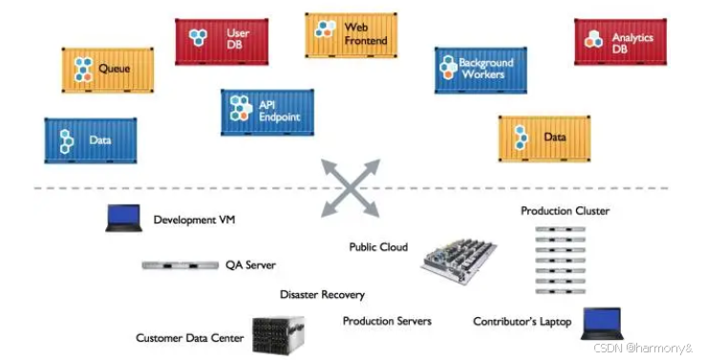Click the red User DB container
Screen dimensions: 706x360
pyautogui.click(x=222, y=41)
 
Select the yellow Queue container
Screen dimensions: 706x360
pyautogui.click(x=108, y=71)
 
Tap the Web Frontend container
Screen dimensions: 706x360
pyautogui.click(x=351, y=35)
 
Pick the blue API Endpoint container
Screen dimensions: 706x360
pyautogui.click(x=267, y=112)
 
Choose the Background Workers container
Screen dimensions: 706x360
pyautogui.click(x=481, y=71)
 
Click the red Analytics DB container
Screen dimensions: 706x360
pyautogui.click(x=620, y=42)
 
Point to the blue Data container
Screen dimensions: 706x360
pyautogui.click(x=91, y=140)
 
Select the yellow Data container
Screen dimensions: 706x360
pyautogui.click(x=545, y=138)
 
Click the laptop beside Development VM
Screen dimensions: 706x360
pyautogui.click(x=124, y=219)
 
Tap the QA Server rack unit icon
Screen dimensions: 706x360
pyautogui.click(x=181, y=265)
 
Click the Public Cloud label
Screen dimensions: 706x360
pyautogui.click(x=378, y=247)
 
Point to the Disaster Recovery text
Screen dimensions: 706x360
pyautogui.click(x=322, y=295)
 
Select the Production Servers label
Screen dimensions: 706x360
pyautogui.click(x=387, y=321)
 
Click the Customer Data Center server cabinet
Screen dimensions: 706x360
pyautogui.click(x=278, y=335)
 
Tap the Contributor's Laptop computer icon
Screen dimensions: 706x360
pyautogui.click(x=603, y=324)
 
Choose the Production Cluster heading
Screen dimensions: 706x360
pyautogui.click(x=565, y=211)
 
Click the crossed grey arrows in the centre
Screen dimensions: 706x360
pyautogui.click(x=351, y=188)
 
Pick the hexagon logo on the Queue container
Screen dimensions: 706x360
pyautogui.click(x=83, y=70)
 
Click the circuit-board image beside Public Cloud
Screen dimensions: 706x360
pyautogui.click(x=459, y=261)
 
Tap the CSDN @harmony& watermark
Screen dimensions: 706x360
pyautogui.click(x=643, y=348)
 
